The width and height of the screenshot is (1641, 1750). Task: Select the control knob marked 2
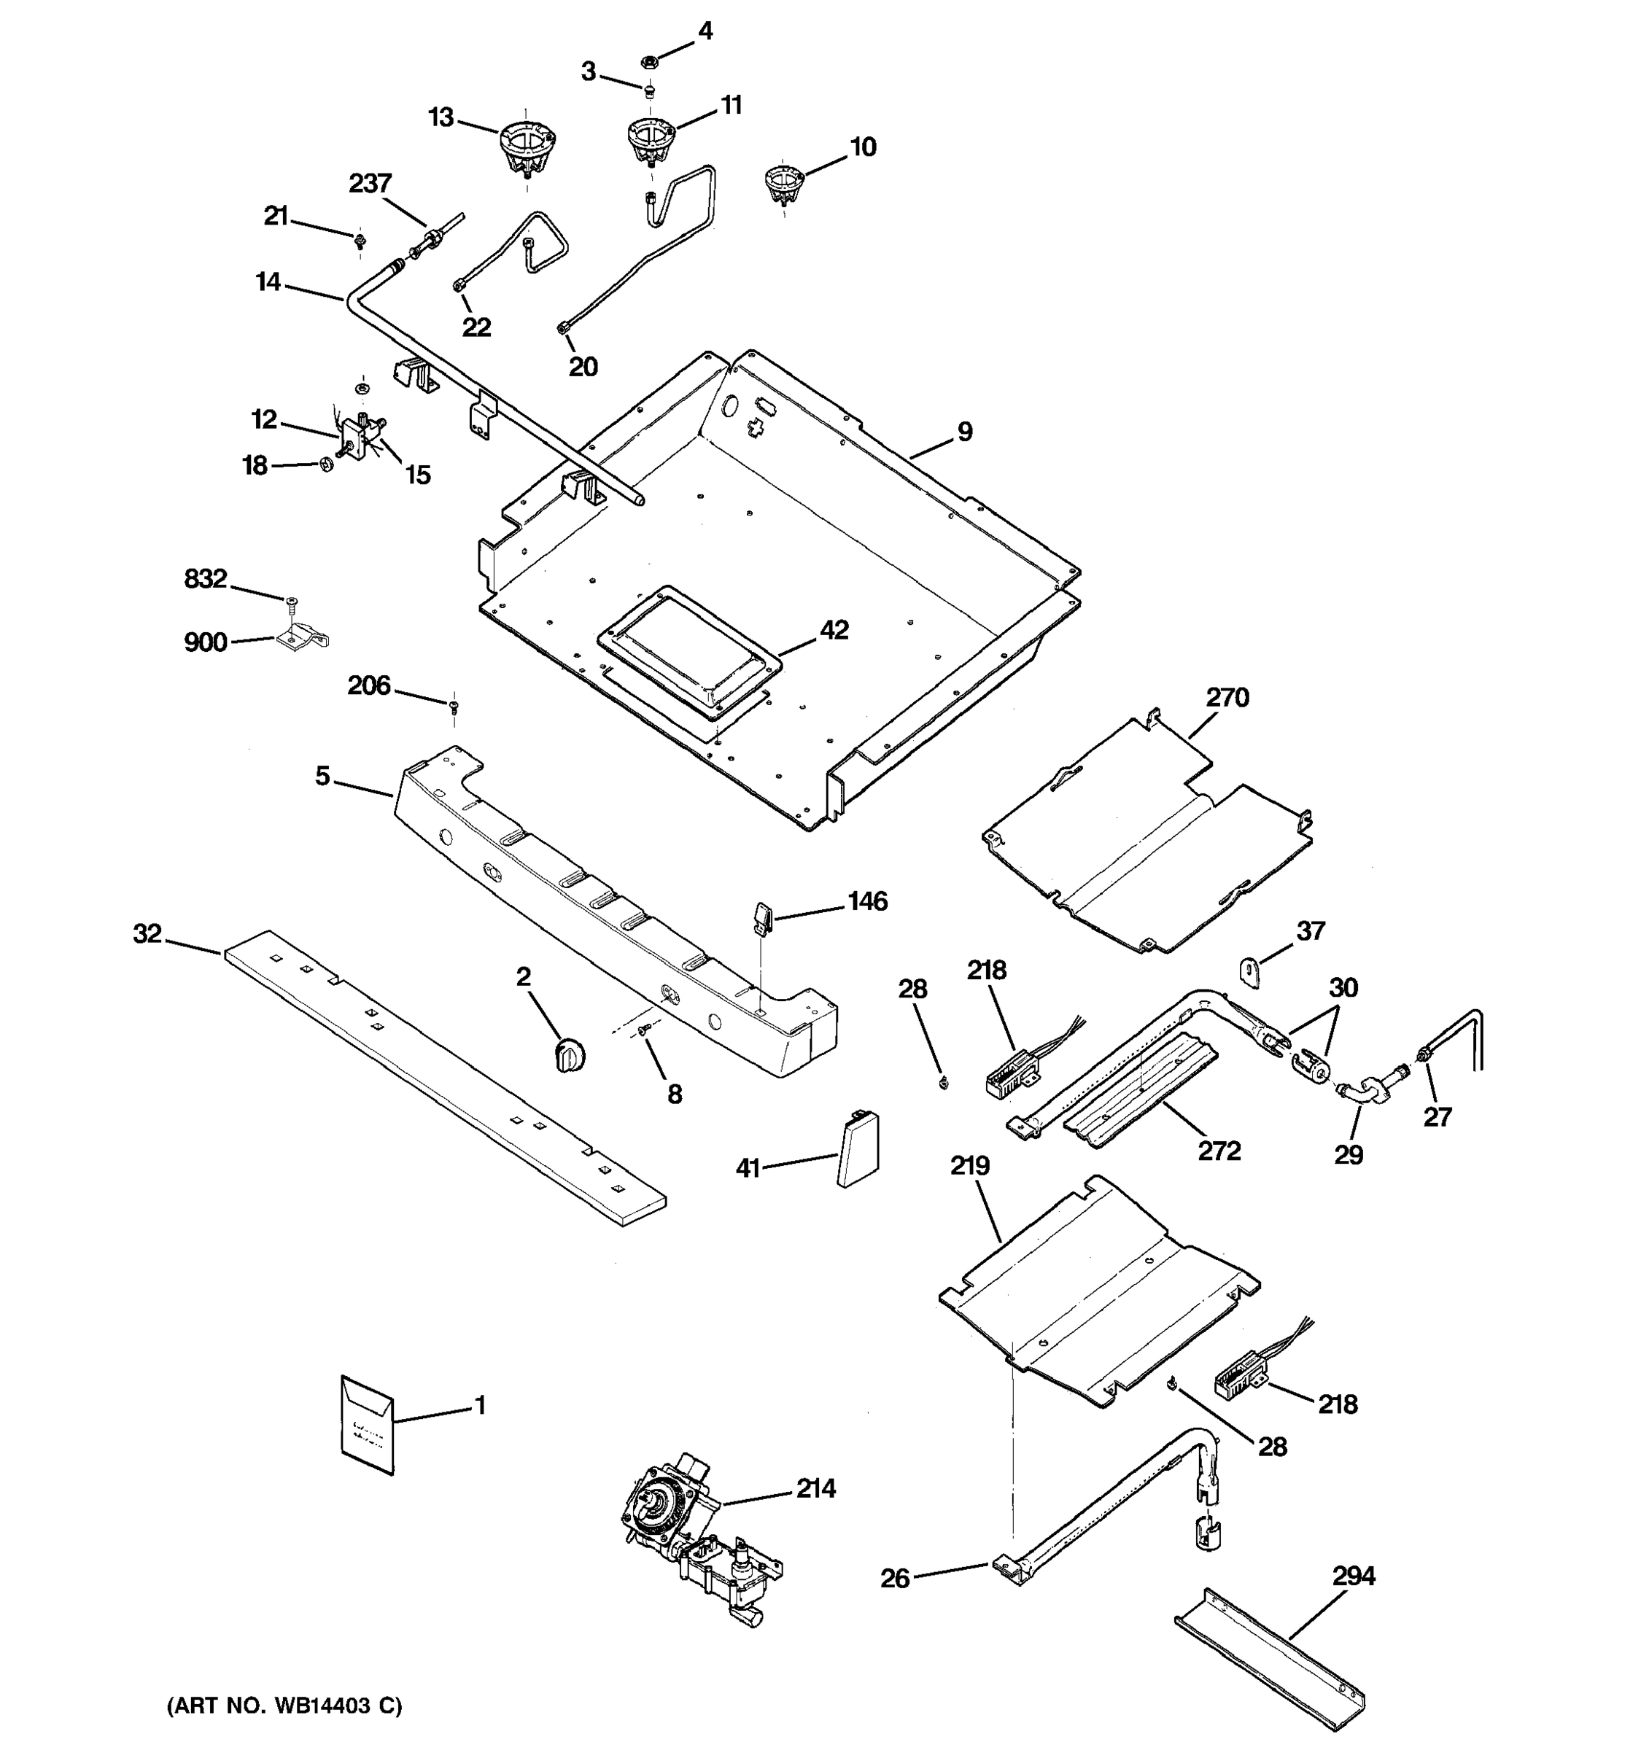[570, 1054]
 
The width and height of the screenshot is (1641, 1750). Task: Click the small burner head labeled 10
[783, 183]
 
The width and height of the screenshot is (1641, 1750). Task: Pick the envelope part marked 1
[367, 1426]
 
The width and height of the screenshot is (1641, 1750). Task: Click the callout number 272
[1219, 1151]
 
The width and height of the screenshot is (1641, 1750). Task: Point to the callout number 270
[1227, 698]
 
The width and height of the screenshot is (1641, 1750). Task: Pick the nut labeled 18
[325, 464]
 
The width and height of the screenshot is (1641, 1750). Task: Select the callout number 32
[147, 933]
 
